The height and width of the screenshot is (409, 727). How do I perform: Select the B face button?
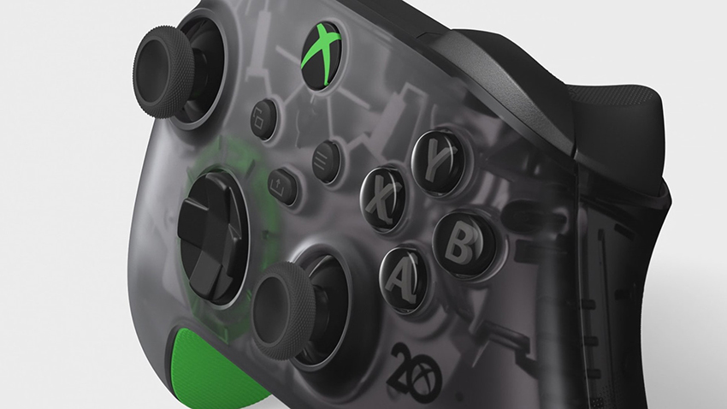[458, 243]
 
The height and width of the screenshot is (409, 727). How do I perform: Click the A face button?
[402, 278]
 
